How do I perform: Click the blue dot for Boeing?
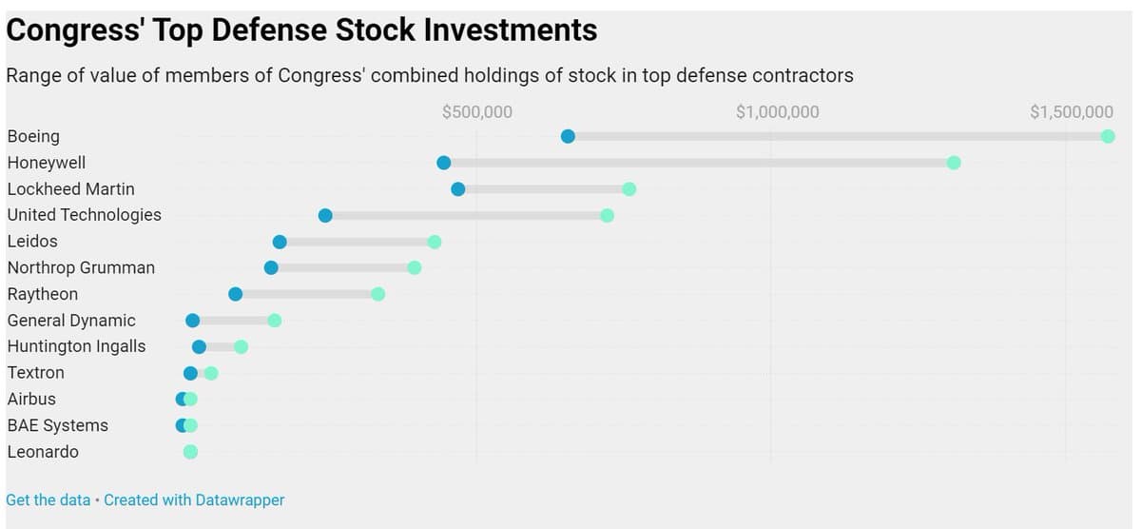coord(568,136)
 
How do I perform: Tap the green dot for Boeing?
coord(1108,136)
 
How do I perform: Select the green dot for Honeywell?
coord(954,163)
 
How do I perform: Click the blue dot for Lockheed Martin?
coord(458,188)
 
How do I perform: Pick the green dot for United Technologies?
coord(607,215)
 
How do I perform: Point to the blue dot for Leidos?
coord(280,242)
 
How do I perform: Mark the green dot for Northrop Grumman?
coord(415,267)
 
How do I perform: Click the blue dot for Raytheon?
coord(236,294)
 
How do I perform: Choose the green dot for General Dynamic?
coord(275,321)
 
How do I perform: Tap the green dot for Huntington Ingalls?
coord(242,346)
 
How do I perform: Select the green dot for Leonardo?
coord(190,452)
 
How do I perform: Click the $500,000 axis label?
coord(477,112)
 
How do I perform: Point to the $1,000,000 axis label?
coord(778,112)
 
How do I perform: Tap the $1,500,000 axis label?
coord(1072,112)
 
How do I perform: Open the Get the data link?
coord(48,500)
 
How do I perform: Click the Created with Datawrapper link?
coord(194,500)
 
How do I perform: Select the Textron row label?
coord(35,373)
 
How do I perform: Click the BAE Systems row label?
coord(57,425)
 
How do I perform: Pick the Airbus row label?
coord(31,399)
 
